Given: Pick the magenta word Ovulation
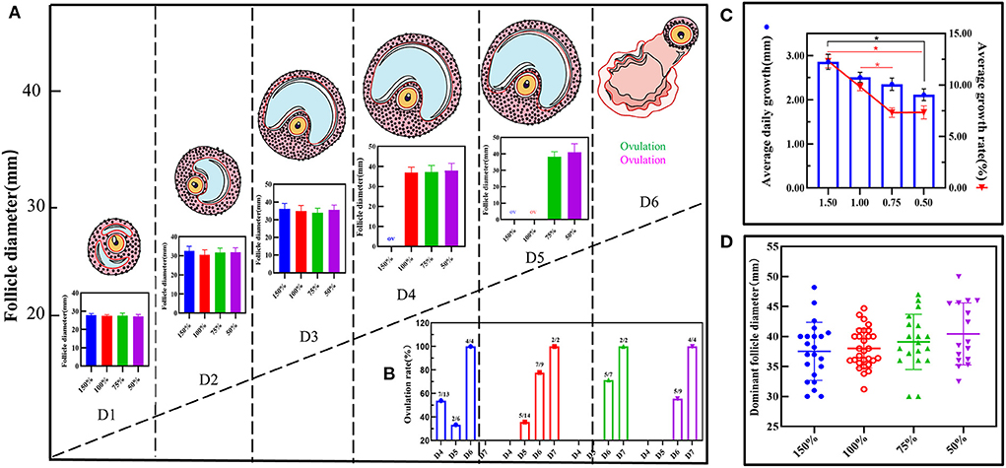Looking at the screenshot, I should click(644, 159).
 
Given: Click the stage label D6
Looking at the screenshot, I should click(644, 202).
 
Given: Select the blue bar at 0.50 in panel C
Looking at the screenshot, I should click(922, 140).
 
